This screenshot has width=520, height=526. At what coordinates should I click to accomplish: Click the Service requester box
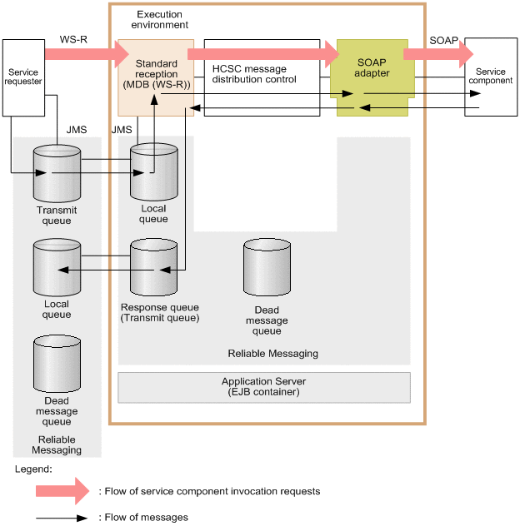(22, 77)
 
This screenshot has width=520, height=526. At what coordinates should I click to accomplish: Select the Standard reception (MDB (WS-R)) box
(156, 77)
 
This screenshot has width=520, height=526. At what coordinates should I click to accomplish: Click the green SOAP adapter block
(374, 77)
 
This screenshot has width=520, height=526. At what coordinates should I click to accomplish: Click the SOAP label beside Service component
(442, 39)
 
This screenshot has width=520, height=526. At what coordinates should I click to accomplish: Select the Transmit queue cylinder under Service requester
(57, 173)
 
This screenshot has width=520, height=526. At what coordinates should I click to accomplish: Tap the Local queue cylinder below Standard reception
(154, 173)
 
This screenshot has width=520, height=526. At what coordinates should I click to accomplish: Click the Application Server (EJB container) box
(264, 386)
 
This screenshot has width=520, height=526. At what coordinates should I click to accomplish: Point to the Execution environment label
(160, 20)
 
